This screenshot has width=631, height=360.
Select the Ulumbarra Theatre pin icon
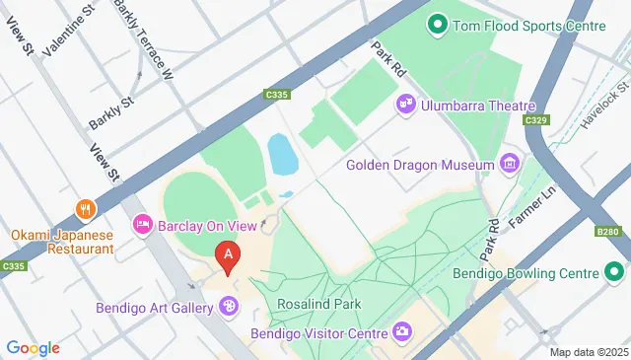point(404,104)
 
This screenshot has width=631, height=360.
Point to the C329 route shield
point(535,120)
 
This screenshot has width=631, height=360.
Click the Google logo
point(34,347)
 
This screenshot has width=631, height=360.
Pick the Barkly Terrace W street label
point(144,39)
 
